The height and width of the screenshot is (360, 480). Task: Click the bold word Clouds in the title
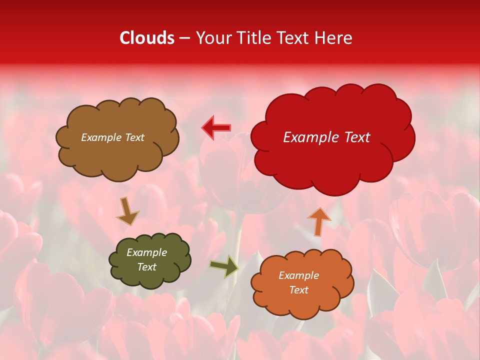(147, 38)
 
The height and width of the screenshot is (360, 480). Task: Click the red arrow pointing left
(216, 128)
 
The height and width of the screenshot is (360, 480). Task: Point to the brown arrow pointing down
(127, 211)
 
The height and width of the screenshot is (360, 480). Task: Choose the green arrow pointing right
(224, 266)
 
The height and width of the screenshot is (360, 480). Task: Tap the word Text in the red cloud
(356, 137)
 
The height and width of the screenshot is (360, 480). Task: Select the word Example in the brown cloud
(101, 137)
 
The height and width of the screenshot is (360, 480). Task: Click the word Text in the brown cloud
(134, 137)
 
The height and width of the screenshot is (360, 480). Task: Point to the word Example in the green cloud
(146, 252)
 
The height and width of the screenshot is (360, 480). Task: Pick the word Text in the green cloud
(146, 267)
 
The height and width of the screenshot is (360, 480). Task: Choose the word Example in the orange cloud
(298, 275)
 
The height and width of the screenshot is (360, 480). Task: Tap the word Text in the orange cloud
(298, 290)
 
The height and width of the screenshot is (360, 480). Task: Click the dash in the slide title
(184, 38)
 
